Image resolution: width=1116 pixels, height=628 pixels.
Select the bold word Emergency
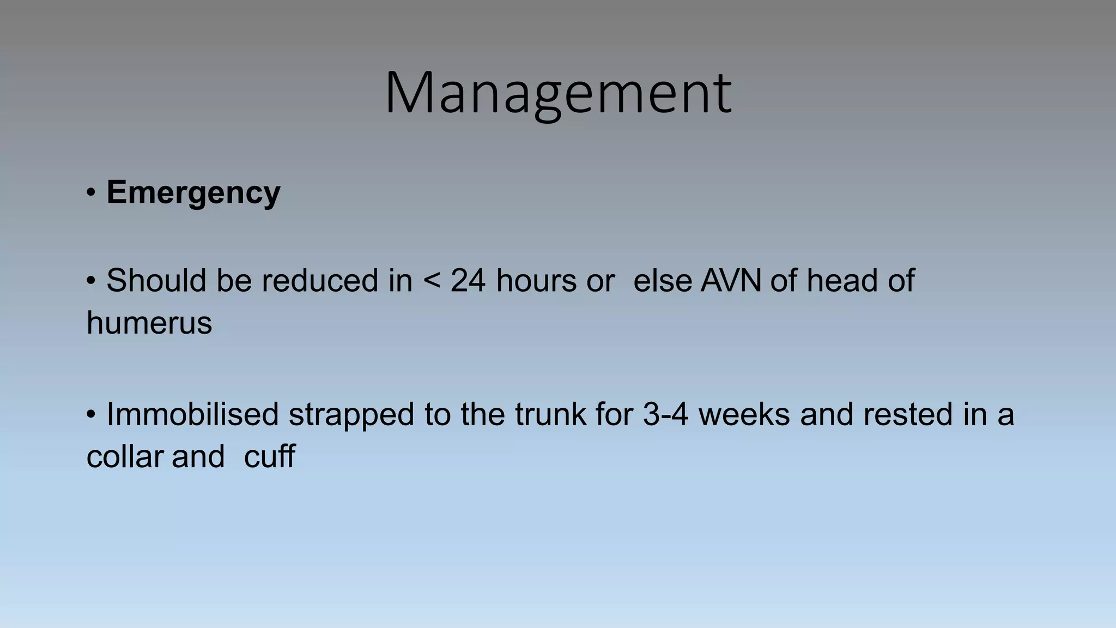tap(193, 192)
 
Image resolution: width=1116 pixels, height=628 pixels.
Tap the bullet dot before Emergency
tap(91, 192)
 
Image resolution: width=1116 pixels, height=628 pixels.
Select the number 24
tap(468, 281)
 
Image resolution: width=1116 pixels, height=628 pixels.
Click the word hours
tap(536, 281)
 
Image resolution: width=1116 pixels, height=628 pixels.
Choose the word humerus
tap(149, 323)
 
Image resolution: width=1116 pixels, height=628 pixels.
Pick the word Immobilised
tap(192, 414)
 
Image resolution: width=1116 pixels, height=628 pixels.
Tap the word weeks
tap(744, 414)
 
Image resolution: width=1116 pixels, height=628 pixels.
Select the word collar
tap(125, 456)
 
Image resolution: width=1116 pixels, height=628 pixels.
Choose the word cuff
tap(269, 456)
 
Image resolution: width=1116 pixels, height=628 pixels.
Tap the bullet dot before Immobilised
tap(91, 414)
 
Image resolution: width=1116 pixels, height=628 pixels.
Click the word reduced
tap(320, 281)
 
